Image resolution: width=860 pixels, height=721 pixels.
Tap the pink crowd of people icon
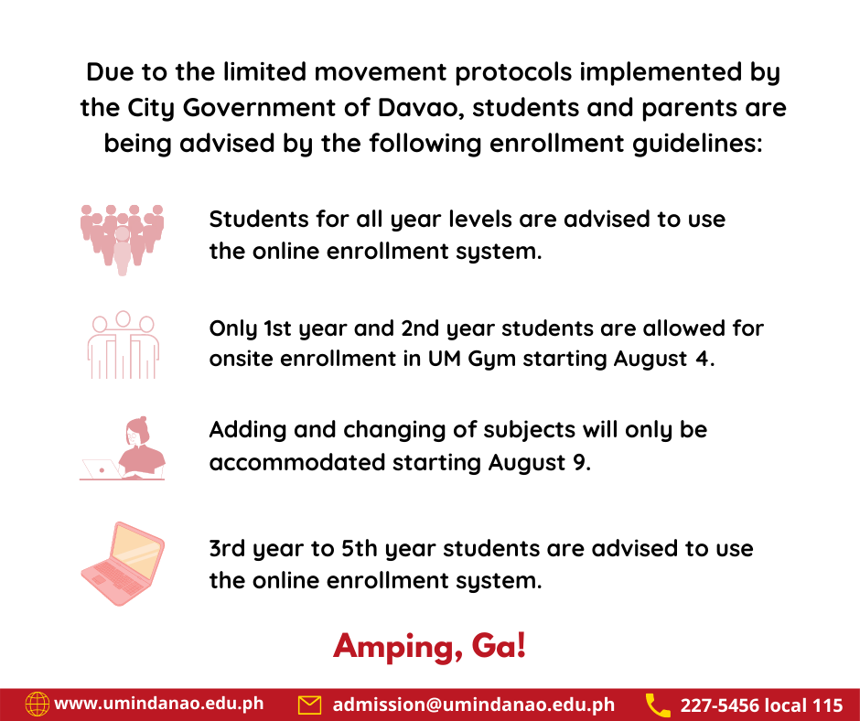121,238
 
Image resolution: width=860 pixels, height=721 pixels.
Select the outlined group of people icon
122,345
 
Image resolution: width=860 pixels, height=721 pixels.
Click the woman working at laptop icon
124,448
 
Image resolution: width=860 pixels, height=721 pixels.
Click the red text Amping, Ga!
430,646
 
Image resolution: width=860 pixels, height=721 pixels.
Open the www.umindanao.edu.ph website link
159,704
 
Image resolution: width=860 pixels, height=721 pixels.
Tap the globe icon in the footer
37,704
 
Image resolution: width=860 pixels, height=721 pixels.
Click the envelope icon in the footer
310,705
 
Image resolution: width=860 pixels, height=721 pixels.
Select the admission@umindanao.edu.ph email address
474,705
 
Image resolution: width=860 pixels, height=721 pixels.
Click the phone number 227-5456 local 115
761,705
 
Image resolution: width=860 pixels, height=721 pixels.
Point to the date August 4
662,359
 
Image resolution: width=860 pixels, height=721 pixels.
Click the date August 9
540,462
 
